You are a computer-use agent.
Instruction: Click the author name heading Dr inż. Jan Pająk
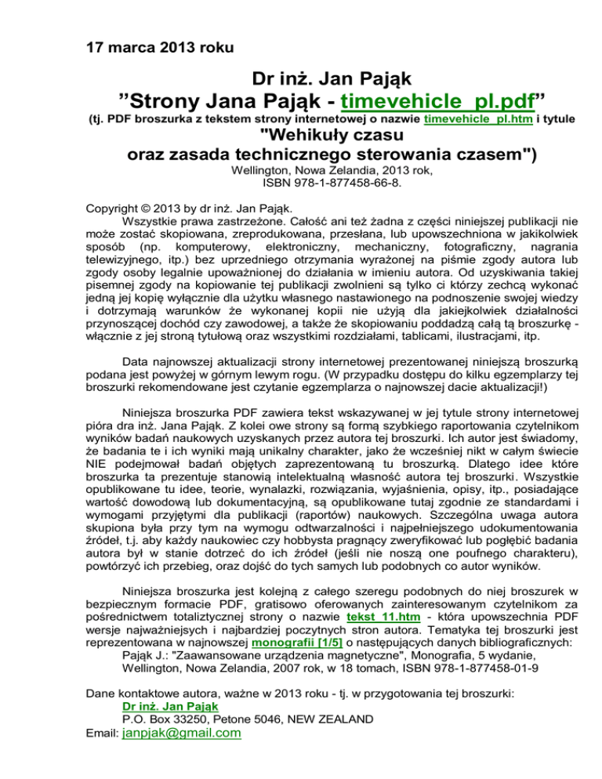[x=332, y=78]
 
